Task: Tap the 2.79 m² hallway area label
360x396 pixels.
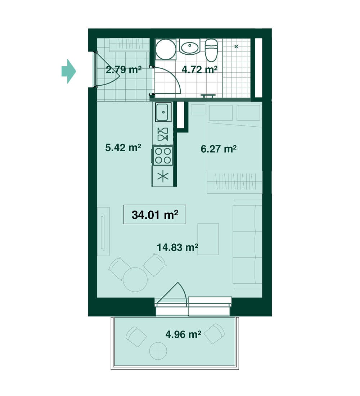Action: click(x=123, y=69)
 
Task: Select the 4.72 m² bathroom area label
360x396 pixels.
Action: click(x=199, y=69)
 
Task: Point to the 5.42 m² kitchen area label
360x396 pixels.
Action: click(x=123, y=147)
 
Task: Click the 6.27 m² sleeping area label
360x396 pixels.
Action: click(x=219, y=149)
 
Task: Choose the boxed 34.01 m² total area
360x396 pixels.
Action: click(x=155, y=215)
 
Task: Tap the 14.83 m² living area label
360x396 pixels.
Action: click(x=177, y=247)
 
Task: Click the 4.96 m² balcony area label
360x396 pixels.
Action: click(x=183, y=334)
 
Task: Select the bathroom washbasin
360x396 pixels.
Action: click(x=189, y=47)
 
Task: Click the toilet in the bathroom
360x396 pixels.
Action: click(x=211, y=50)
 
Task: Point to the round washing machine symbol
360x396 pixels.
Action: click(x=166, y=49)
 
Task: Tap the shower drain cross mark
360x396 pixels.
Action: click(x=236, y=46)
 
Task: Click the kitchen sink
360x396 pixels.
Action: click(x=163, y=112)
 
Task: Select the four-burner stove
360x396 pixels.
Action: click(x=162, y=156)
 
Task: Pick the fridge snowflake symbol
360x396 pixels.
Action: click(x=163, y=176)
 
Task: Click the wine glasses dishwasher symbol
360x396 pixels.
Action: click(x=163, y=134)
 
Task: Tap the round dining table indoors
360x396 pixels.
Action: click(x=135, y=280)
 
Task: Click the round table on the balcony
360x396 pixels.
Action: click(x=158, y=351)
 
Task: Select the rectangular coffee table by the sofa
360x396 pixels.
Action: click(x=208, y=239)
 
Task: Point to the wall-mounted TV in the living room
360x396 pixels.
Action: click(x=103, y=232)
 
